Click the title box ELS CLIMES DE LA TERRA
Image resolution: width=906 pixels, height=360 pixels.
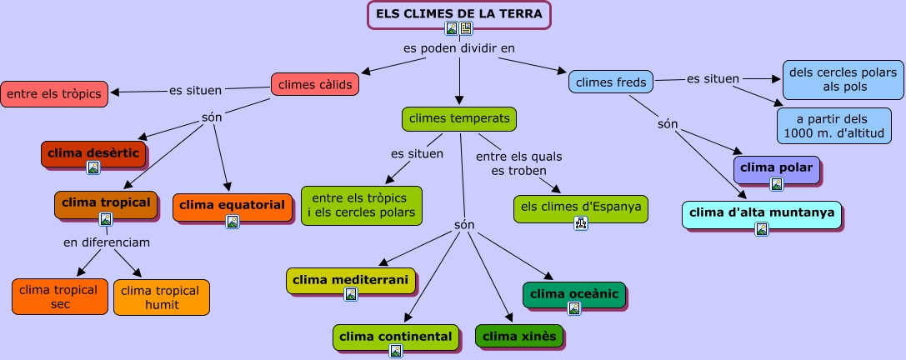(x=459, y=14)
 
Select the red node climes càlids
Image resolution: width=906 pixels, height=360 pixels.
(x=315, y=84)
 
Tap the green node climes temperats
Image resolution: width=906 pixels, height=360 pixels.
(x=458, y=119)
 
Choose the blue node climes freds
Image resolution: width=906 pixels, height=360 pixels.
(x=611, y=82)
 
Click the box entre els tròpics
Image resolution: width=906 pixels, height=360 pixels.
(x=54, y=94)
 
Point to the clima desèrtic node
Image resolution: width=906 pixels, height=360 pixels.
(x=93, y=153)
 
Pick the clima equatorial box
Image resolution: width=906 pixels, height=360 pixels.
(x=232, y=206)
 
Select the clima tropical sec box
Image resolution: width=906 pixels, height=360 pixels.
(x=58, y=297)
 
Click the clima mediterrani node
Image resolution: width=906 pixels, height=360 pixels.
(x=350, y=280)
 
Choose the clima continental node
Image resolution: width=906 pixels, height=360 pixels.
(x=395, y=337)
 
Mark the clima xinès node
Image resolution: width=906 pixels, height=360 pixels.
(x=519, y=337)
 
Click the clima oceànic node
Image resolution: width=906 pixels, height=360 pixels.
(x=573, y=294)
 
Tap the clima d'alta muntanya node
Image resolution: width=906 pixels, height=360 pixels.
(x=761, y=213)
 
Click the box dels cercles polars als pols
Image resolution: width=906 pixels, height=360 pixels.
(x=843, y=80)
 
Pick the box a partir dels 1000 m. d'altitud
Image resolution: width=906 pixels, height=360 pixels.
(x=834, y=126)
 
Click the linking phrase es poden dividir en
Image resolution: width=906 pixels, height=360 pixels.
(x=459, y=48)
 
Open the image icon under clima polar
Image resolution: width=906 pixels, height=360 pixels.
(x=776, y=184)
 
